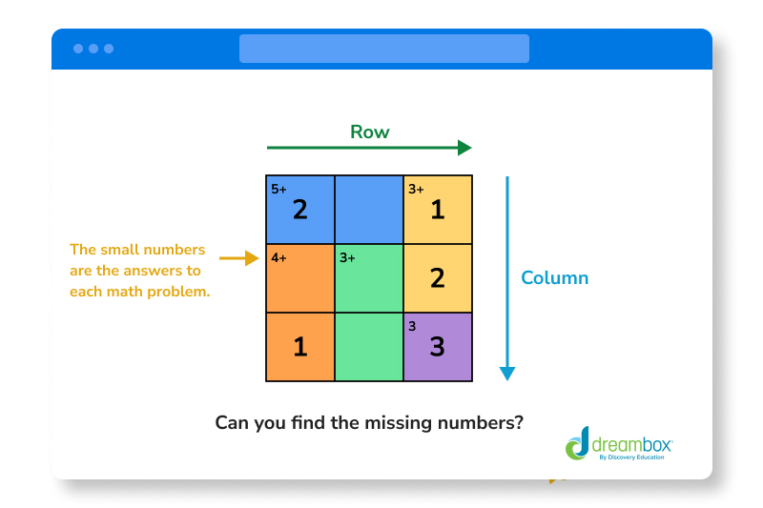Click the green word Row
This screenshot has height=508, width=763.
coord(369,132)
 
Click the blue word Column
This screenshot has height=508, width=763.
coord(554,278)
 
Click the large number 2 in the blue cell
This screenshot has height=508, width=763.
coord(300,210)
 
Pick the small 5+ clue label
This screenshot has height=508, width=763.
coord(278,189)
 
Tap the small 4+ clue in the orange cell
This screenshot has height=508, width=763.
coord(278,257)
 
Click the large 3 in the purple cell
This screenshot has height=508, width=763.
coord(437,347)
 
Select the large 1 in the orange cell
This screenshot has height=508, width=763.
coord(300,347)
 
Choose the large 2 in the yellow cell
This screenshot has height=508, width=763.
coord(437,278)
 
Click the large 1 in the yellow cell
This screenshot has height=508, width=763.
coord(437,210)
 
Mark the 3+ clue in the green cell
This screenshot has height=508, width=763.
coord(347,257)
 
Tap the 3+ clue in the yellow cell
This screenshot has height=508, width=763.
coord(416,189)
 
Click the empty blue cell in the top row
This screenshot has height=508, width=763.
coord(369,210)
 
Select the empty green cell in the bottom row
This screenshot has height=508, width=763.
coord(369,347)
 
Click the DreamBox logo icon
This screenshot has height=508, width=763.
coord(578,443)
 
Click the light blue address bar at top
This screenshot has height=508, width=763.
coord(383,49)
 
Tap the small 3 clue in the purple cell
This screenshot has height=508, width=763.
coord(412,326)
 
